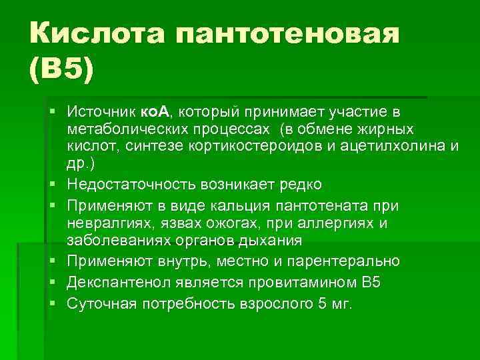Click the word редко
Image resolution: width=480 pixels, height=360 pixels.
tap(299, 184)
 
